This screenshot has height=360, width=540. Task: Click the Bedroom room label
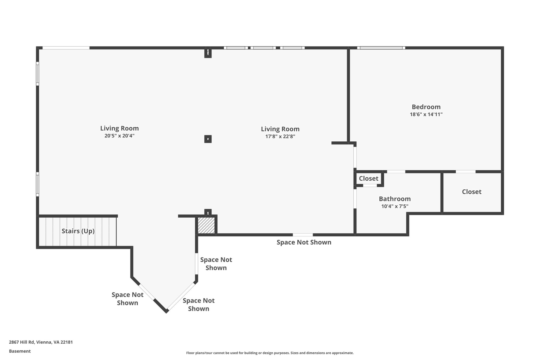(426, 107)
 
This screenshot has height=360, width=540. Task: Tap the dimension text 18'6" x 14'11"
(426, 114)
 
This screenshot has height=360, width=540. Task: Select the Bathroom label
(394, 199)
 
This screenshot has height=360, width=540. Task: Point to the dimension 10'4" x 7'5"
(394, 206)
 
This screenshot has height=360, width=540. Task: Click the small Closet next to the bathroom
(368, 179)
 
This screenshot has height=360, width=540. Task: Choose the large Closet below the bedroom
(471, 192)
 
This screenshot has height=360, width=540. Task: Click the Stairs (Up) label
(78, 231)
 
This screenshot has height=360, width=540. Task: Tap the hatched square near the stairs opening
(206, 225)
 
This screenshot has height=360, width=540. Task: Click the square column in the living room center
(208, 139)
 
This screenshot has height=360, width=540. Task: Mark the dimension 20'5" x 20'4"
(119, 136)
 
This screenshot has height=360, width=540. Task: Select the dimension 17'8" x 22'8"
(280, 137)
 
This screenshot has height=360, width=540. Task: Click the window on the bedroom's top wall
(381, 48)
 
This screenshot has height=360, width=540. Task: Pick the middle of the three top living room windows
(263, 48)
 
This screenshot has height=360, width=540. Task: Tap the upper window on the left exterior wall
(37, 74)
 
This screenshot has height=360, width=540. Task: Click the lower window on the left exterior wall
(37, 184)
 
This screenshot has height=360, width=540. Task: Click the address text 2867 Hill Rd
(41, 342)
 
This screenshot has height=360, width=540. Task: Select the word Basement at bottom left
(20, 351)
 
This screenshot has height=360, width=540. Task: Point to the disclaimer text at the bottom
(270, 353)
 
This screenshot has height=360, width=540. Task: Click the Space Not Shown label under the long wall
(304, 242)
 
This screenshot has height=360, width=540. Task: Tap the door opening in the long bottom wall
(303, 235)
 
